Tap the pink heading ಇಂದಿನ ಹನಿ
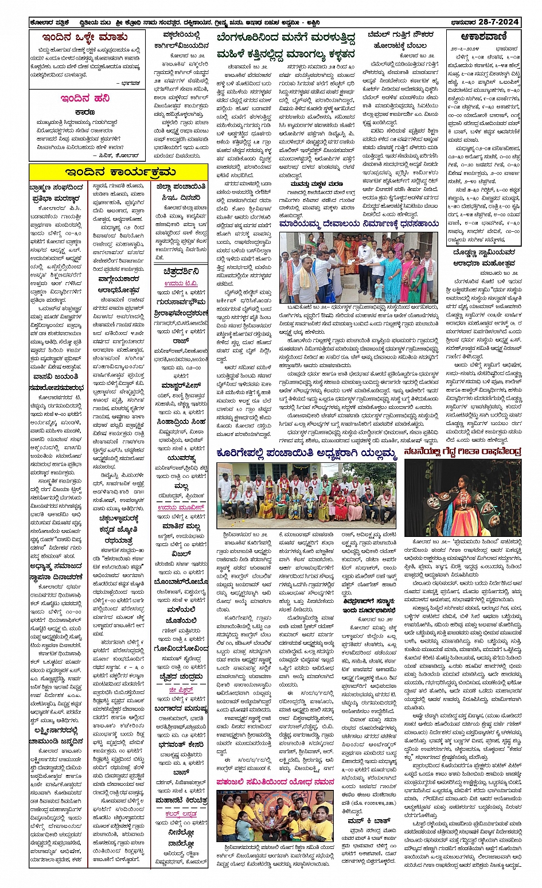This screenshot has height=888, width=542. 85,99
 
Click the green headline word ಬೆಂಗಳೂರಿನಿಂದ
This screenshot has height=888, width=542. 246,39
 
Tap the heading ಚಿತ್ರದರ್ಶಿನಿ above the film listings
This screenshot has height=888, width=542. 181,271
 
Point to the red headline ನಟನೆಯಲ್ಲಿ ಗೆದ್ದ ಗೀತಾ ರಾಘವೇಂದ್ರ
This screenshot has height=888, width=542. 462,452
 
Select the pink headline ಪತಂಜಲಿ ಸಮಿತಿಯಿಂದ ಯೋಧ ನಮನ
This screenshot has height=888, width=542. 275,782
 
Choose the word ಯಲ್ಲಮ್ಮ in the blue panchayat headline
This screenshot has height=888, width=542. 375,454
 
